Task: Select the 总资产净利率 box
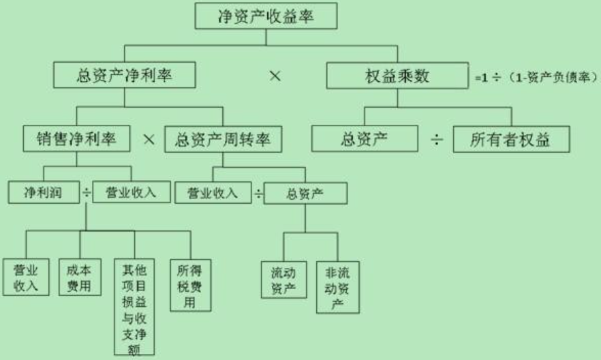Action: coord(124,76)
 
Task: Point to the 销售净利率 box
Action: coord(76,140)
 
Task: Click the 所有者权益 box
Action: coord(510,140)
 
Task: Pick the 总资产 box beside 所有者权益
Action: coord(365,140)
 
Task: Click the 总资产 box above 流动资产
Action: coord(305,194)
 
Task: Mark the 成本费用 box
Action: coord(79,276)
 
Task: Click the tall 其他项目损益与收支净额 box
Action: coord(134,307)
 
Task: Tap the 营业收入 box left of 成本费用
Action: coord(26,276)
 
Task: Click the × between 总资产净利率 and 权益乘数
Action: coord(275,76)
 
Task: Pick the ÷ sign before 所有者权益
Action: coord(437,140)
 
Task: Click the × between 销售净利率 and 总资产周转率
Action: coord(149,140)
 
